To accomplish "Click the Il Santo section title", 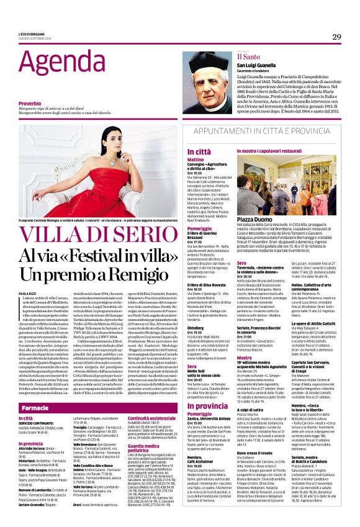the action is pyautogui.click(x=245, y=56).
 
